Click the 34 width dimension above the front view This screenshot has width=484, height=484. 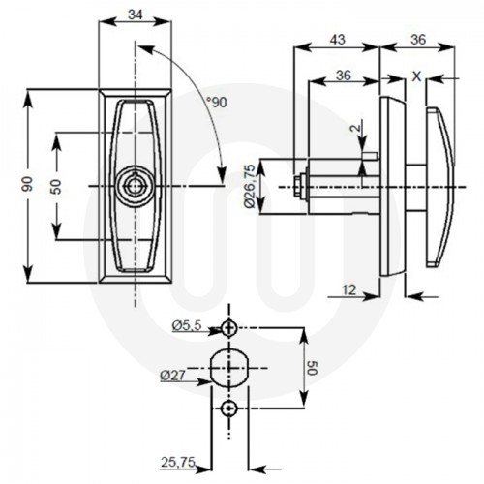[x=136, y=15]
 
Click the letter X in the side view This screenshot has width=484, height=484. [x=415, y=75]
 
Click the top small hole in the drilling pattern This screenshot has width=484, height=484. [x=227, y=328]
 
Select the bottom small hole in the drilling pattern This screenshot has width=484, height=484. [x=227, y=409]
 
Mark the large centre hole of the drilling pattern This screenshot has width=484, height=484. [x=227, y=369]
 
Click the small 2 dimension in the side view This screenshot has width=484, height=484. [x=356, y=126]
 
